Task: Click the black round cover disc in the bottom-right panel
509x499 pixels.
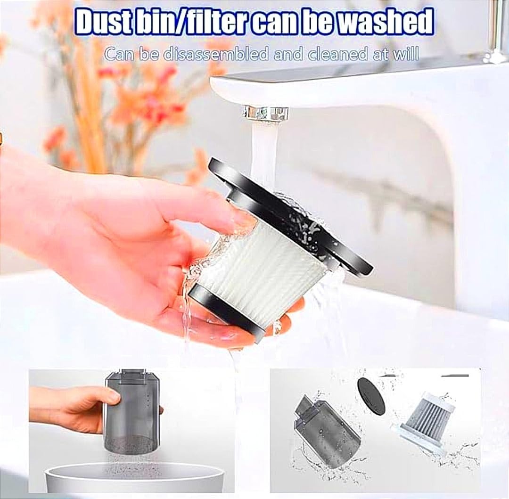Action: [x=371, y=396]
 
